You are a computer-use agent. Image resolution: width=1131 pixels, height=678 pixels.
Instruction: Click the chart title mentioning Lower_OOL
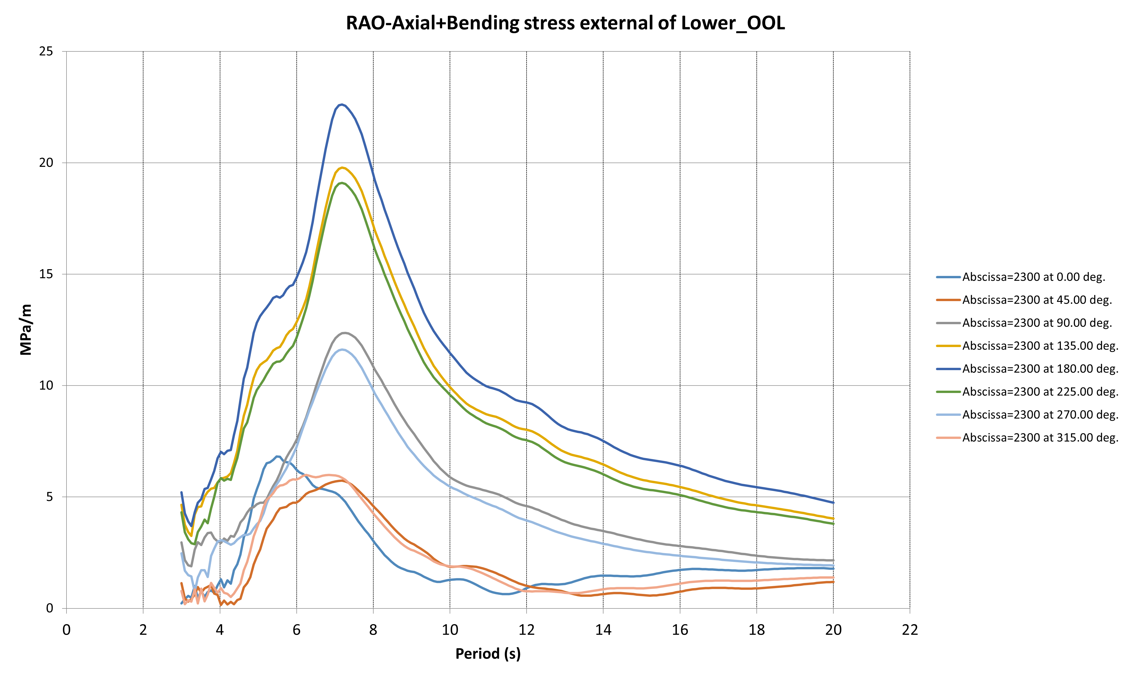(565, 23)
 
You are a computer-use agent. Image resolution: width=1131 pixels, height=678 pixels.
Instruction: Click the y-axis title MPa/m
(26, 329)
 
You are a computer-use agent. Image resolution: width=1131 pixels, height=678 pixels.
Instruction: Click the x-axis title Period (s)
(488, 654)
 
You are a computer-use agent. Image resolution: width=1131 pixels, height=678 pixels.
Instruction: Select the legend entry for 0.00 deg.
(1033, 277)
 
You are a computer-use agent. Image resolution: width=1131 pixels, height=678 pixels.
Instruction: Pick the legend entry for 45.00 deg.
(1037, 300)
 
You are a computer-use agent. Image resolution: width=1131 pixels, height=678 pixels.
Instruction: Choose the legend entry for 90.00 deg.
(1037, 323)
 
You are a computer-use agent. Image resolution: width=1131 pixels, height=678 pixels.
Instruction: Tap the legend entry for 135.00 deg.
(1040, 346)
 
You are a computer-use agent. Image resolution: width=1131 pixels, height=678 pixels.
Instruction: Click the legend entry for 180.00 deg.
(1040, 369)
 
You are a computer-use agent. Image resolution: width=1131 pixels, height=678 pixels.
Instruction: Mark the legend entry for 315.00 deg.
(1040, 438)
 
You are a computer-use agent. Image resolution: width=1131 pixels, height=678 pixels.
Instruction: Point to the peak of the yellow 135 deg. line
(342, 168)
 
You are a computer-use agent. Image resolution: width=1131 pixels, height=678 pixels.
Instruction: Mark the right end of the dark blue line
(833, 503)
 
